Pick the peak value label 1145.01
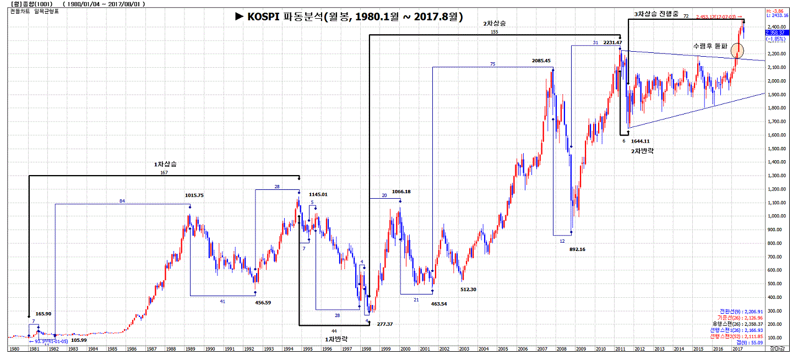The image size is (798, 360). (318, 194)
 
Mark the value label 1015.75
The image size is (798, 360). (195, 195)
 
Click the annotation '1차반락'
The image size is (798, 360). (337, 338)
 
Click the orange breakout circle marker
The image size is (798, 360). (737, 51)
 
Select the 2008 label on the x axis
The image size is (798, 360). (561, 349)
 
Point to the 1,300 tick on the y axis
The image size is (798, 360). (778, 176)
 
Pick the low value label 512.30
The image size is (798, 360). (468, 290)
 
